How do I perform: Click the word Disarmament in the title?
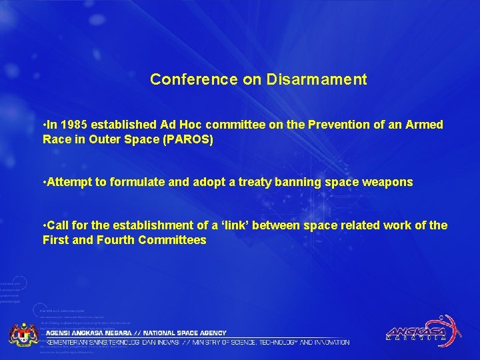click(x=317, y=80)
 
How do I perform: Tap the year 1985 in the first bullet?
click(x=73, y=125)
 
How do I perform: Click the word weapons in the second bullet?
click(x=388, y=182)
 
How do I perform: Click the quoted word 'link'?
click(x=247, y=225)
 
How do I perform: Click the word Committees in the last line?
click(x=173, y=240)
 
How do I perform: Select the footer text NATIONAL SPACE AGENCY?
click(x=187, y=333)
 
